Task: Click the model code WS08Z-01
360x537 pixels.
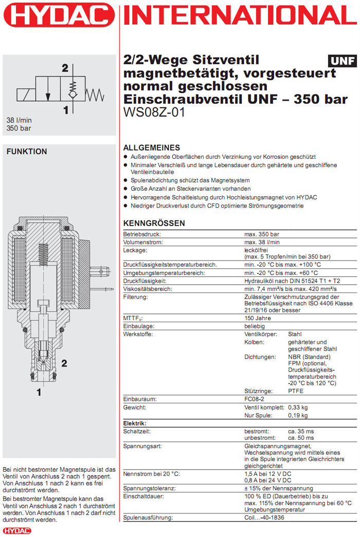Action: point(154,112)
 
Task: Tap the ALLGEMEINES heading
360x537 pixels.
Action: point(152,147)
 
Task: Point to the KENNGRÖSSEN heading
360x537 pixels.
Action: point(154,224)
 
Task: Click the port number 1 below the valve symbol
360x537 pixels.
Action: point(65,109)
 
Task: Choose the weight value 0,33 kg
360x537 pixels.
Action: point(298,407)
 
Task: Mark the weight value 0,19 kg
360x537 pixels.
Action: point(298,415)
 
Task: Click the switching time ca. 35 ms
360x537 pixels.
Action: point(300,432)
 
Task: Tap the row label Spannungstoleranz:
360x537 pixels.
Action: point(149,488)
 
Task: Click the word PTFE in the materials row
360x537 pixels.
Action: point(296,391)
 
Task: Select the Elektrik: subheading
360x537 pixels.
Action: point(134,423)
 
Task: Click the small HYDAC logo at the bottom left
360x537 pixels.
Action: point(17,530)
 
